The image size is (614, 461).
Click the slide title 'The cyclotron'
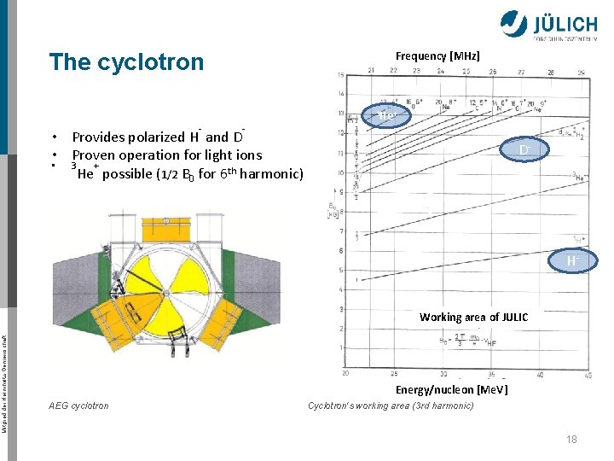click(x=126, y=62)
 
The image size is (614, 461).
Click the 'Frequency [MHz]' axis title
click(x=437, y=56)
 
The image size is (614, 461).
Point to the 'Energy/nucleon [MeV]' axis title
click(x=451, y=389)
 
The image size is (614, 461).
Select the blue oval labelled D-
click(x=526, y=151)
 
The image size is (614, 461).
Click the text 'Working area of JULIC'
click(x=473, y=318)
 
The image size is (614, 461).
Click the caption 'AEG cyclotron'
click(x=79, y=406)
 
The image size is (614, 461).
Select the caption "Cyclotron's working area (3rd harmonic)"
click(x=391, y=406)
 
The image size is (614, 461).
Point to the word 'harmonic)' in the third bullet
click(x=271, y=174)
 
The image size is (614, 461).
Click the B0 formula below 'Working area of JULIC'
click(x=468, y=339)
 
